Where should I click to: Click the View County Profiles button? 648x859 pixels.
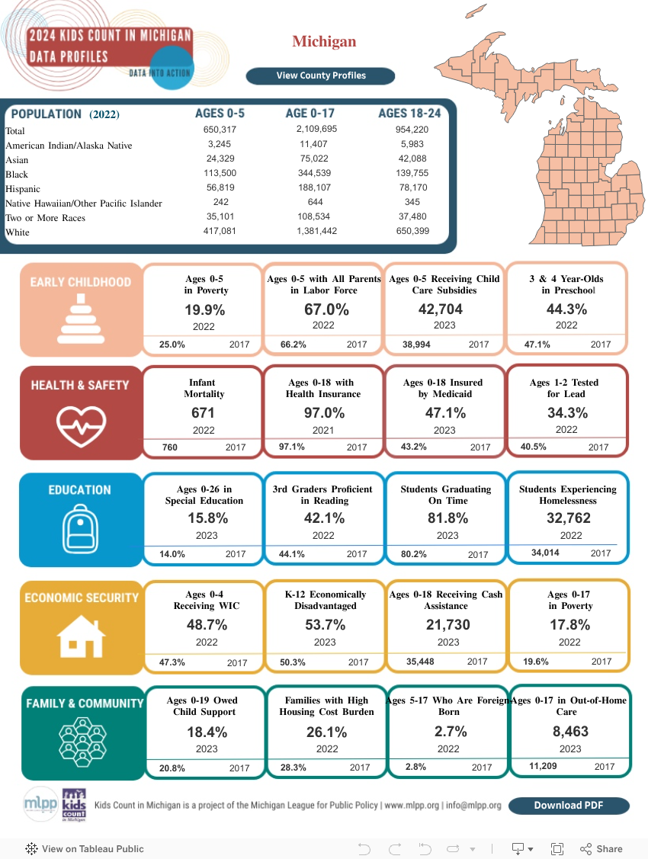click(x=320, y=75)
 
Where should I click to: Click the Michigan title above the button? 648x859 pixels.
click(x=324, y=41)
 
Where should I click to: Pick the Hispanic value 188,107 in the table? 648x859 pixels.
click(x=316, y=188)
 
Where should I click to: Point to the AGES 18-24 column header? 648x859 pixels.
click(x=409, y=114)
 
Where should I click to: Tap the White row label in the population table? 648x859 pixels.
click(x=18, y=232)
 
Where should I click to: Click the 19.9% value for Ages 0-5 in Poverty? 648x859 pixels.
click(x=204, y=309)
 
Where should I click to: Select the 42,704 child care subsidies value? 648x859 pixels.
click(x=441, y=309)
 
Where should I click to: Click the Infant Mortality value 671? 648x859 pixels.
click(x=204, y=413)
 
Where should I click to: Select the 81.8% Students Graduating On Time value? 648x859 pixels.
click(x=448, y=518)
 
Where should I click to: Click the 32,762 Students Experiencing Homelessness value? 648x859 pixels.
click(x=568, y=518)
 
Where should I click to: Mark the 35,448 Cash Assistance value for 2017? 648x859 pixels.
click(x=420, y=662)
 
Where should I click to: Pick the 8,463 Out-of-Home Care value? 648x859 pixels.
click(x=569, y=732)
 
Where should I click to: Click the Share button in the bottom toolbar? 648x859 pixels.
click(x=601, y=848)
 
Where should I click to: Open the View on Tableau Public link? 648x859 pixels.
click(x=85, y=848)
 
